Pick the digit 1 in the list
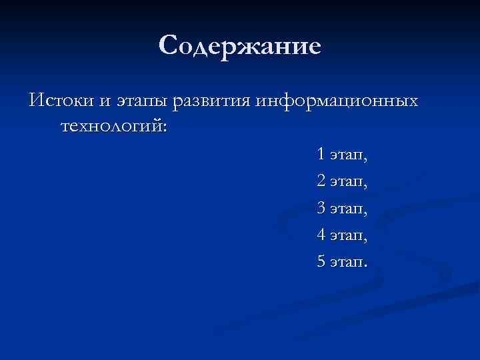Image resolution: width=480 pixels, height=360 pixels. point(321,155)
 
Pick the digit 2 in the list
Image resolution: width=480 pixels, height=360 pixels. point(321,181)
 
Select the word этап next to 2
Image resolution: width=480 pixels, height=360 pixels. point(346,182)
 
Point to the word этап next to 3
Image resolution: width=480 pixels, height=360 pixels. point(346,209)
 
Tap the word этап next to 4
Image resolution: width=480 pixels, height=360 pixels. point(346,235)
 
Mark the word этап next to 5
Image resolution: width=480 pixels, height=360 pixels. point(346,262)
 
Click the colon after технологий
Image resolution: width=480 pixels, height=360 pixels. point(164,127)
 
